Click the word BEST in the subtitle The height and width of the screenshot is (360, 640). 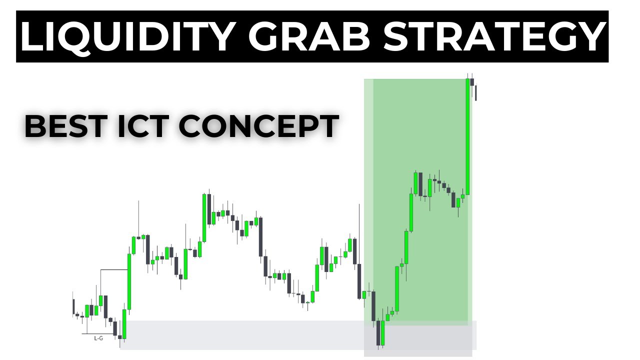pyautogui.click(x=59, y=126)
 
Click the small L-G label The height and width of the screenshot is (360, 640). pyautogui.click(x=98, y=338)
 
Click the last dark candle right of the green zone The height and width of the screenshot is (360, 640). pyautogui.click(x=476, y=92)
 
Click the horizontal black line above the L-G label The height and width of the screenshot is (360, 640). pyautogui.click(x=114, y=270)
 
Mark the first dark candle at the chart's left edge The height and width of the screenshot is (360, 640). pyautogui.click(x=73, y=306)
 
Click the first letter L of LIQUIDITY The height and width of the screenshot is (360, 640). pyautogui.click(x=31, y=36)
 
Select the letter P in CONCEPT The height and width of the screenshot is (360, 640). pyautogui.click(x=309, y=126)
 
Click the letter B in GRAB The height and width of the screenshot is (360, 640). pyautogui.click(x=359, y=36)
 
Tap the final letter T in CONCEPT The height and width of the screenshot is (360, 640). pyautogui.click(x=330, y=126)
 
